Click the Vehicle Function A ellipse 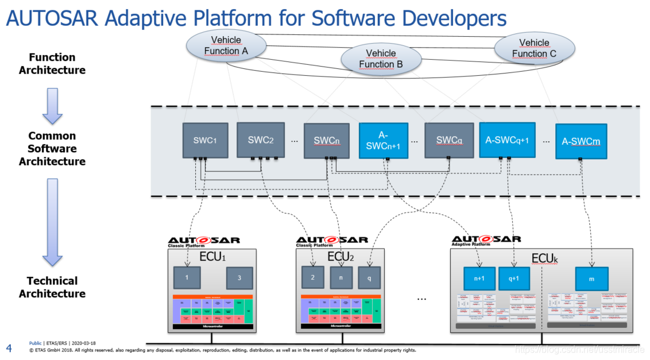pos(226,45)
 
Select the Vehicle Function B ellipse pos(381,59)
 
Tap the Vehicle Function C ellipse pos(534,48)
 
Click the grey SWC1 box pos(205,140)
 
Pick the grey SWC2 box pos(261,140)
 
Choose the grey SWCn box pos(326,140)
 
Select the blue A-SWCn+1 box pos(383,141)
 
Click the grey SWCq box pos(449,140)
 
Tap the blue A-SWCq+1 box pos(507,140)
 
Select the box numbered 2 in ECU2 pos(313,277)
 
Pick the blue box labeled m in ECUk pos(591,278)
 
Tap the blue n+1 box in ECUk pos(479,278)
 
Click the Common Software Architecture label pos(52,149)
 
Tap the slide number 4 pos(9,347)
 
